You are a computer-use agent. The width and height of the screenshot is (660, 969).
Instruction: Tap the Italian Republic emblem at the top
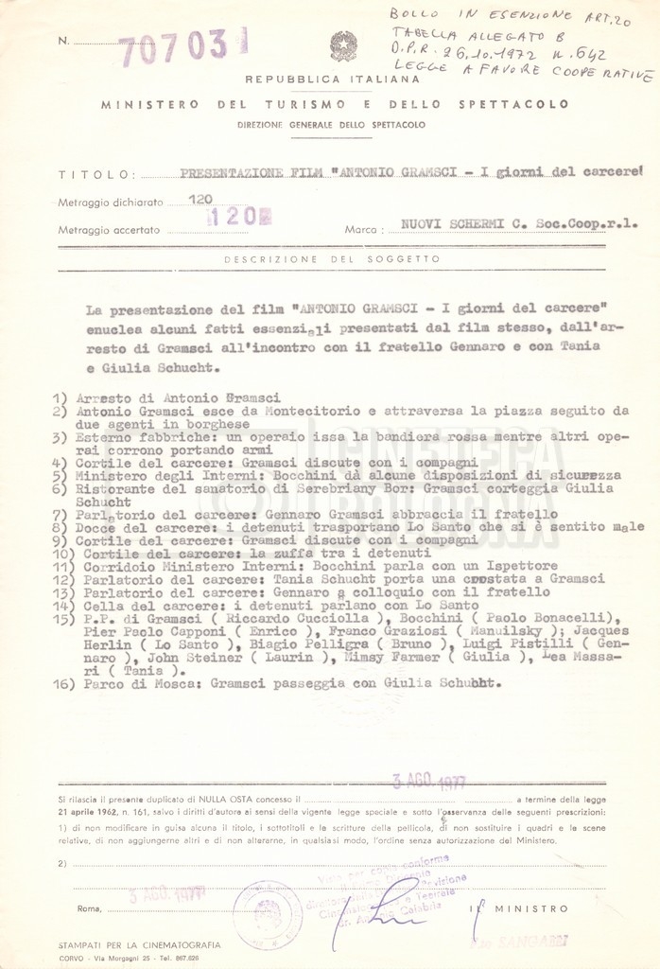pyautogui.click(x=342, y=45)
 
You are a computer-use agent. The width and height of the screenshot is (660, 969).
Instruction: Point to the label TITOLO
pyautogui.click(x=83, y=175)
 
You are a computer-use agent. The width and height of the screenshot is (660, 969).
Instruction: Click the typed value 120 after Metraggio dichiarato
pyautogui.click(x=200, y=200)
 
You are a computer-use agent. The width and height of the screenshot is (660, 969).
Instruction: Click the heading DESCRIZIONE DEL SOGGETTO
pyautogui.click(x=332, y=258)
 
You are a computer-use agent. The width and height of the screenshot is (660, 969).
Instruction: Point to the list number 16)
pyautogui.click(x=65, y=683)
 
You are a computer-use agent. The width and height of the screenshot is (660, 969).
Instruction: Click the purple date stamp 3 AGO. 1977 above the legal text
pyautogui.click(x=428, y=781)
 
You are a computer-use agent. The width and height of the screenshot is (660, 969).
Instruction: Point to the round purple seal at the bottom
pyautogui.click(x=268, y=915)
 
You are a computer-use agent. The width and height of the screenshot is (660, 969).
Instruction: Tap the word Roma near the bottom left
pyautogui.click(x=91, y=909)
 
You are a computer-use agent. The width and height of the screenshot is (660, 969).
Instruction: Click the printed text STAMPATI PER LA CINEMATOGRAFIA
pyautogui.click(x=139, y=944)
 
